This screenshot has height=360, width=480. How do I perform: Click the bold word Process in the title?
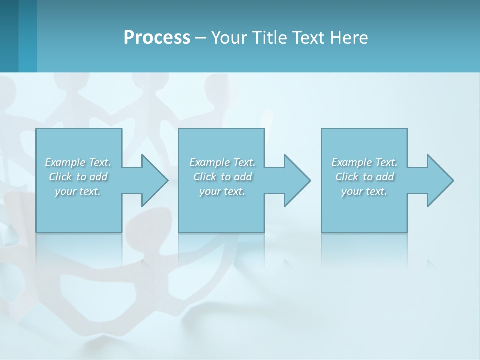tap(157, 38)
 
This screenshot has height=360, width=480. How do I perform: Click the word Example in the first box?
tap(65, 162)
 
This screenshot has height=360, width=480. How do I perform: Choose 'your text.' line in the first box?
tap(78, 191)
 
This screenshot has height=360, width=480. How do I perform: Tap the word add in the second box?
tap(243, 177)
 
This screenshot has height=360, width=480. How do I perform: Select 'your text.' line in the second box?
tap(222, 191)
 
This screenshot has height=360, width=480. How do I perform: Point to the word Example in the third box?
tap(352, 162)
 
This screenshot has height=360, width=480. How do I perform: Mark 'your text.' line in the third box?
tap(364, 191)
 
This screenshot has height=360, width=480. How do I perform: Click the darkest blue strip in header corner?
tap(9, 36)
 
